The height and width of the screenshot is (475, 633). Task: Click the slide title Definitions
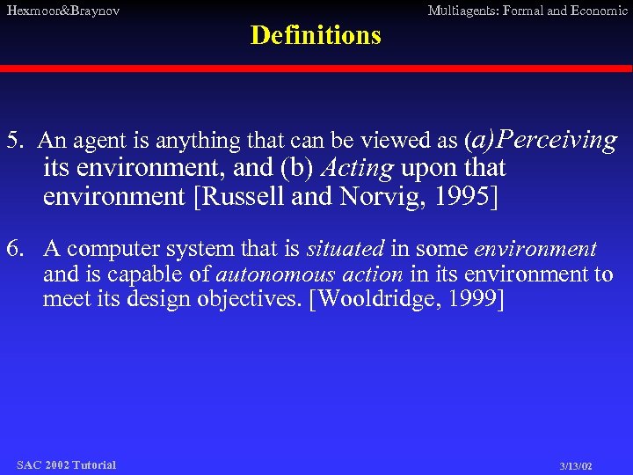click(316, 35)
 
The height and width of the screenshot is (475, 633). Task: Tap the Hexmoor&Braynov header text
click(62, 11)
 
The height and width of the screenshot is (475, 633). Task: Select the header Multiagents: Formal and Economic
click(527, 11)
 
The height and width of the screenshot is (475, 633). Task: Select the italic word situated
click(346, 250)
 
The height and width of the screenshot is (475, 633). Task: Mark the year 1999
click(476, 300)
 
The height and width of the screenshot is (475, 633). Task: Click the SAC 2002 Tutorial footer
click(66, 464)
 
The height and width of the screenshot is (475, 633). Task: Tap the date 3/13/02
click(576, 465)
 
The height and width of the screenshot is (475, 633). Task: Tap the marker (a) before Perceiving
click(480, 139)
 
